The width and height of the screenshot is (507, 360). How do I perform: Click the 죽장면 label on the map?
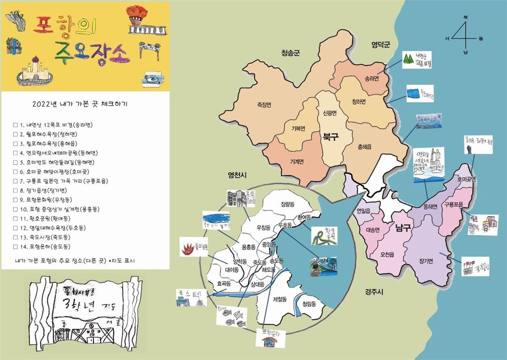pos(264,105)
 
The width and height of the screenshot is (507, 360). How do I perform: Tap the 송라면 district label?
pos(372,79)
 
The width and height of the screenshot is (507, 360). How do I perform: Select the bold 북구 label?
pos(331,137)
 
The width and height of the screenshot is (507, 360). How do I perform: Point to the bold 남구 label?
pos(403,228)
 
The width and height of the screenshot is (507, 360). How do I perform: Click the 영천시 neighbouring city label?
pos(237,175)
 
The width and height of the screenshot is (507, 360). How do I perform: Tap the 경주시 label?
pos(374,292)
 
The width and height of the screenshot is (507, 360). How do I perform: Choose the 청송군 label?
pos(291,53)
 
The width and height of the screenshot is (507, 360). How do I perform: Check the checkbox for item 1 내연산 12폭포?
pos(15,125)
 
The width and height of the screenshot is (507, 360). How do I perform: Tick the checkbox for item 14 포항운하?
pos(15,247)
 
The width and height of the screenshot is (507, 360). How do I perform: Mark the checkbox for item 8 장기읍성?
pos(15,191)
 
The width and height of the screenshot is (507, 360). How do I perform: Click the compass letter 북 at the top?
pos(466,17)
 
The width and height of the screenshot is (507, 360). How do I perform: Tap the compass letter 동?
pos(481,39)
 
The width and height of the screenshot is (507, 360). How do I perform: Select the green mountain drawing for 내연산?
pos(408,59)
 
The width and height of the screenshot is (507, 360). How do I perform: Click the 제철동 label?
pos(279,299)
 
